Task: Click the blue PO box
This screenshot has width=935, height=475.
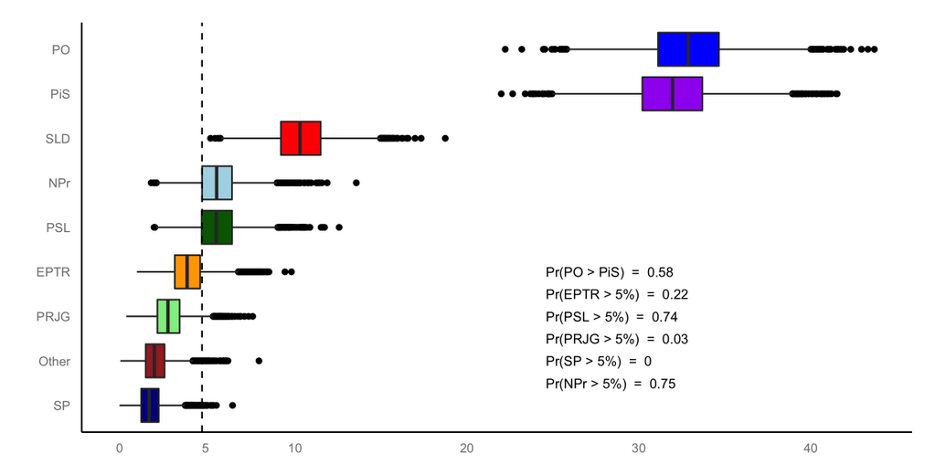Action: tap(688, 49)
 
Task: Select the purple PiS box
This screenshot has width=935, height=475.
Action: tap(672, 94)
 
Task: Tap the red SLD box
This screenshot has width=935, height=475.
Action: tap(300, 138)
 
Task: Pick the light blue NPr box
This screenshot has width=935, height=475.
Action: tap(217, 183)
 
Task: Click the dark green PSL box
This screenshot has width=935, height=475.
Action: tap(217, 227)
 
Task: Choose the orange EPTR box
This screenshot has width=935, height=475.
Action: tap(186, 271)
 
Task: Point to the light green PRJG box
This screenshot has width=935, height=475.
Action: tap(168, 316)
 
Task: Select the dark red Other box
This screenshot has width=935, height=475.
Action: tap(154, 361)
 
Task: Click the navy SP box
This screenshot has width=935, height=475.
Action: tap(150, 405)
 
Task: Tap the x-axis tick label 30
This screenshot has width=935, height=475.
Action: tap(639, 449)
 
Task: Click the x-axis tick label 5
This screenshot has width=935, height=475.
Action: tap(206, 449)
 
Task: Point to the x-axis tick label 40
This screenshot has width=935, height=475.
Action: tap(811, 449)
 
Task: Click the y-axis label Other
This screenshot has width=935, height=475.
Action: tap(55, 362)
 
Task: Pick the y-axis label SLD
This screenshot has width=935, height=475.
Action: tap(58, 139)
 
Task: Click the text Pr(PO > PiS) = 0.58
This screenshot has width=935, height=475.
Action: tap(609, 272)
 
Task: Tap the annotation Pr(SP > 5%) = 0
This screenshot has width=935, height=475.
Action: tap(598, 361)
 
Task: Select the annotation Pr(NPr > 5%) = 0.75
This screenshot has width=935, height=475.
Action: tap(610, 384)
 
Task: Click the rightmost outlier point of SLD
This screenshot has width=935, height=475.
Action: tap(445, 138)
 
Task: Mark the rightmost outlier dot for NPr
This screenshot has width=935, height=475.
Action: tap(356, 183)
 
